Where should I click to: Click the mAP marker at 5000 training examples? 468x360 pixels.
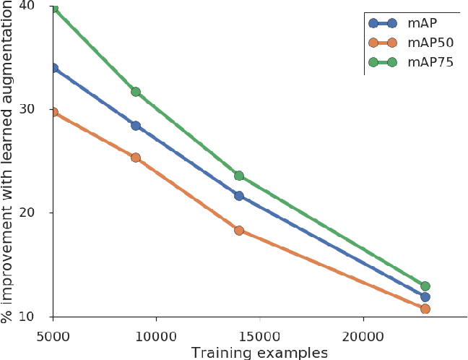(53, 68)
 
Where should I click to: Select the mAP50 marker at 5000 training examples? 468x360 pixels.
(53, 112)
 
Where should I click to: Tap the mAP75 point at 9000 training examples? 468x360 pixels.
(135, 92)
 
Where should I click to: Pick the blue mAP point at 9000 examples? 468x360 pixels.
(135, 126)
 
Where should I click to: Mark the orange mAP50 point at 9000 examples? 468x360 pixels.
(135, 158)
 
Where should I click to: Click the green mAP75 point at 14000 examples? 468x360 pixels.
(239, 176)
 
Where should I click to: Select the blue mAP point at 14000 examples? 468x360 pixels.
(239, 196)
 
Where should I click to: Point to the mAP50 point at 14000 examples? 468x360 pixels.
(239, 231)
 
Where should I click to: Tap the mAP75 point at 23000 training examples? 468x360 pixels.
(425, 286)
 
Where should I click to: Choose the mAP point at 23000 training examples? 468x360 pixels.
(425, 297)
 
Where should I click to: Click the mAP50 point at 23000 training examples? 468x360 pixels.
(425, 309)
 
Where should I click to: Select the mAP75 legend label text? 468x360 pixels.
(430, 62)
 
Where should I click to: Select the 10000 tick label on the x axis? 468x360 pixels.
(156, 336)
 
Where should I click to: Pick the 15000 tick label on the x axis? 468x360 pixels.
(259, 336)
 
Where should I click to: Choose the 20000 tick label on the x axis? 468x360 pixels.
(363, 336)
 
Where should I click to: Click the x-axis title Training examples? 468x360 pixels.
(259, 353)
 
